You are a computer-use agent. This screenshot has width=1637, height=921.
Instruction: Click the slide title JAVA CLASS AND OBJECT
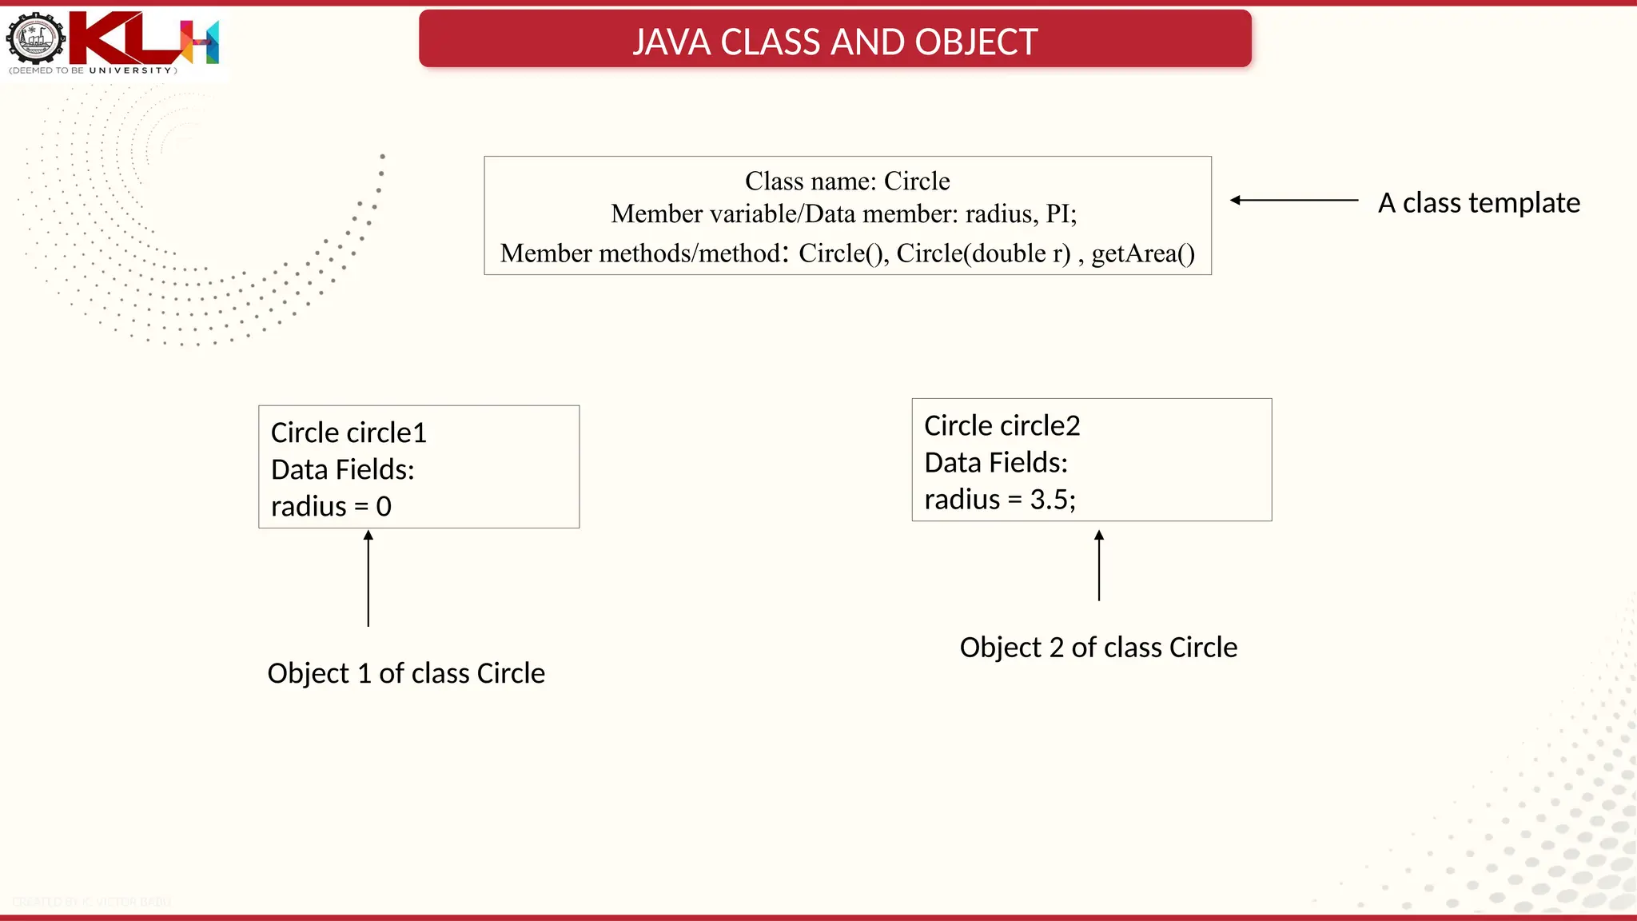[x=834, y=42]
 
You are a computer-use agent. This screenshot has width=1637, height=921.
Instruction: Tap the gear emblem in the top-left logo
[x=35, y=38]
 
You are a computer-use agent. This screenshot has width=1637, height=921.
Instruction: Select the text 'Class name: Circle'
[x=847, y=181]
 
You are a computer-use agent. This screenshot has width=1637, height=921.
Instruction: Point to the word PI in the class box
[x=1059, y=214]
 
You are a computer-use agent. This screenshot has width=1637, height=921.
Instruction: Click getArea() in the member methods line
[x=1143, y=253]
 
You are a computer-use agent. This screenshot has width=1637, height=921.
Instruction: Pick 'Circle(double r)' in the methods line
[x=983, y=253]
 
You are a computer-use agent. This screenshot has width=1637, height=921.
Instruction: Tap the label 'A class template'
[x=1479, y=202]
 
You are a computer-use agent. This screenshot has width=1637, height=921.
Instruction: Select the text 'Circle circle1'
[x=349, y=433]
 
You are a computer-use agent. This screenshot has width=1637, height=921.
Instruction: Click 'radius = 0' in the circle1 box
[x=331, y=506]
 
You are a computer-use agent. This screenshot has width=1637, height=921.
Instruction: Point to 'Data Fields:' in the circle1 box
[x=342, y=469]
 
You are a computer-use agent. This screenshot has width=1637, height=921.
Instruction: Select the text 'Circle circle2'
[x=1002, y=425]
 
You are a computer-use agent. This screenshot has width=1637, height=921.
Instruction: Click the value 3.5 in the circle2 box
[x=1050, y=500]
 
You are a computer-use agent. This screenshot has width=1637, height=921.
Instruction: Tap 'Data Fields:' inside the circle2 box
[x=996, y=463]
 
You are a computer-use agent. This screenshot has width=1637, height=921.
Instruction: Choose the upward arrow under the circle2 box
[x=1099, y=565]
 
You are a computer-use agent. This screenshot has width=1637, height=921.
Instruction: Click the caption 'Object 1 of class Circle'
[x=406, y=673]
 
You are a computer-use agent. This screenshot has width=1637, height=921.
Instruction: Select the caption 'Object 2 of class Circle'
[x=1098, y=648]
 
